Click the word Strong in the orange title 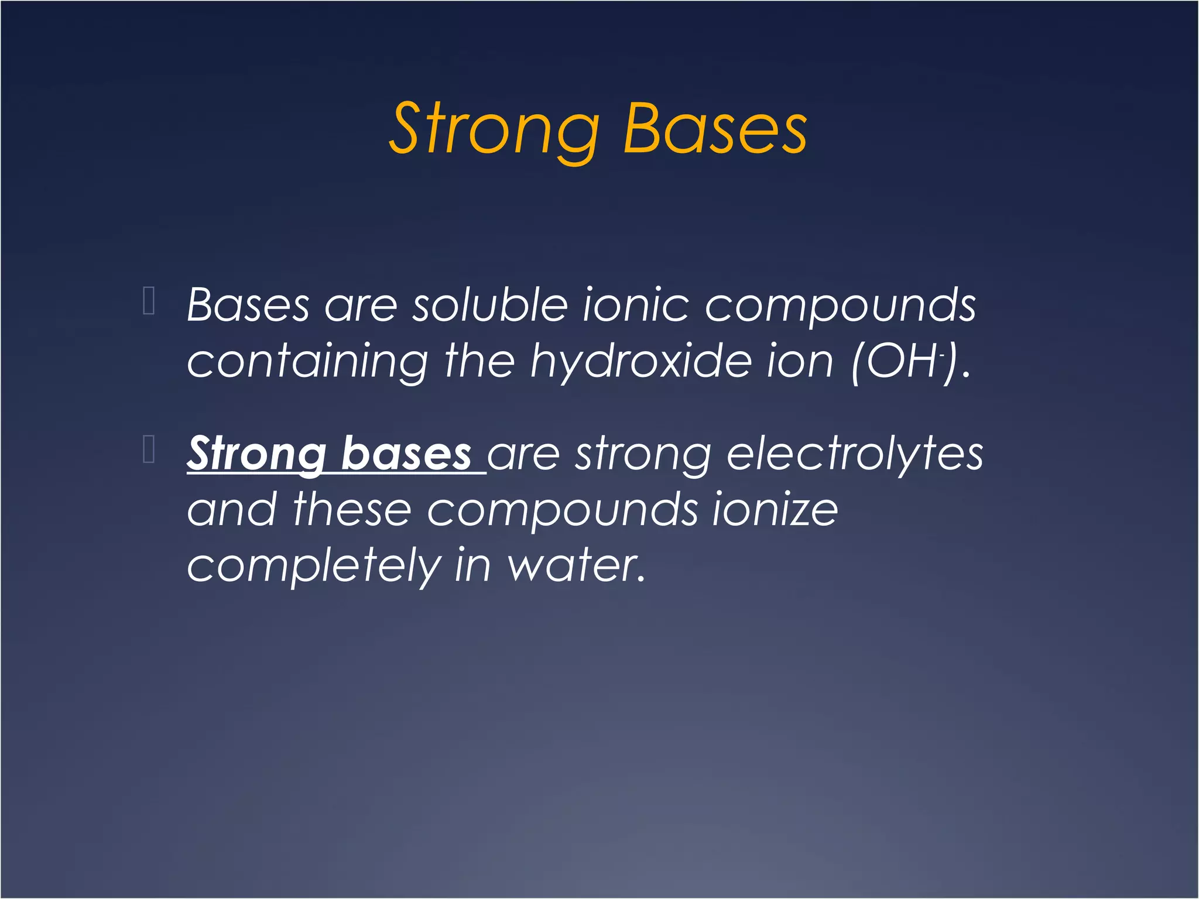click(495, 130)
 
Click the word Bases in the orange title click(715, 130)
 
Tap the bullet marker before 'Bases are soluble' click(149, 301)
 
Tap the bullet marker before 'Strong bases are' click(149, 449)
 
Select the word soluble click(490, 305)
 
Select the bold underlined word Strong click(256, 454)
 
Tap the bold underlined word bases click(406, 454)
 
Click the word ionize click(775, 510)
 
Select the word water click(576, 565)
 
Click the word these click(352, 510)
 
